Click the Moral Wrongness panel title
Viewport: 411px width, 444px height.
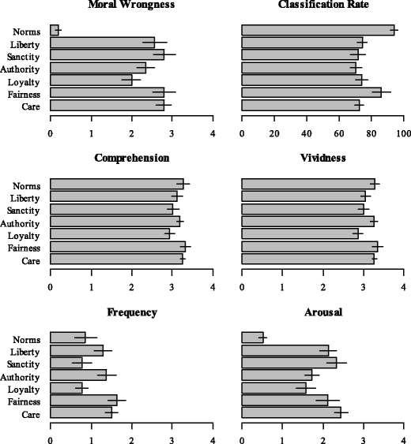131,6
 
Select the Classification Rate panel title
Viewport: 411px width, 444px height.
322,6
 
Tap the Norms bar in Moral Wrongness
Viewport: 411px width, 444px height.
55,30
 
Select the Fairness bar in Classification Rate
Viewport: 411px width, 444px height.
311,93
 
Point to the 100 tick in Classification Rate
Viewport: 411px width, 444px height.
404,132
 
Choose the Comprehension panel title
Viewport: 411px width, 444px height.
131,158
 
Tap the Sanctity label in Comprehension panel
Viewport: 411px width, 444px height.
30,209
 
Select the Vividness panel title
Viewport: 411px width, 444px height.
322,158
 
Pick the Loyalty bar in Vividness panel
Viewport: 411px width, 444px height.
300,233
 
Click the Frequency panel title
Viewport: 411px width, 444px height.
131,312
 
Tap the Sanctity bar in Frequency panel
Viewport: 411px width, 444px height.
66,363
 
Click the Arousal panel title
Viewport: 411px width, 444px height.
322,312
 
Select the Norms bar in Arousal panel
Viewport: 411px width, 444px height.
252,338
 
